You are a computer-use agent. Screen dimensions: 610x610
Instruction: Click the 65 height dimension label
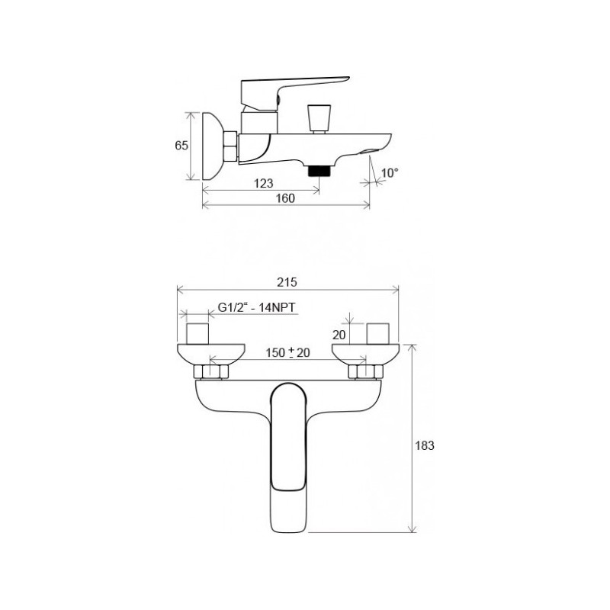181,146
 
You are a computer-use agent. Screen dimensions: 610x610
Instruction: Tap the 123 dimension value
263,183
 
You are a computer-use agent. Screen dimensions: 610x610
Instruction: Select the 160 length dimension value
285,198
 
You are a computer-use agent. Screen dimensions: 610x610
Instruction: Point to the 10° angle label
390,173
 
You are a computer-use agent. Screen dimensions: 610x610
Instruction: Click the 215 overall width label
287,281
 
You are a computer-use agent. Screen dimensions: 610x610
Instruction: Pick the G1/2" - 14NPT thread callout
256,307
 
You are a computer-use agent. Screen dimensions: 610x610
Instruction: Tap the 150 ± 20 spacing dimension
288,352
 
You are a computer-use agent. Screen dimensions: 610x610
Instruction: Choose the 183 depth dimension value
425,445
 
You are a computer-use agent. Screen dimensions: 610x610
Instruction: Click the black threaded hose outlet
319,170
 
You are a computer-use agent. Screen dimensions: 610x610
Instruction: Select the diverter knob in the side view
319,118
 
